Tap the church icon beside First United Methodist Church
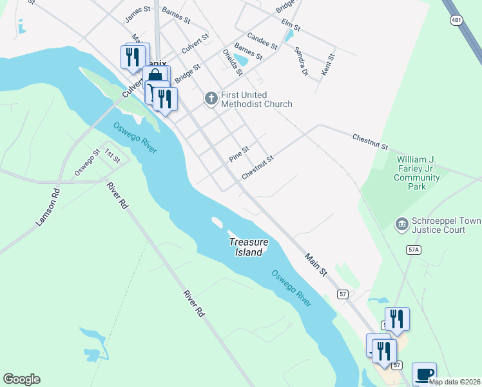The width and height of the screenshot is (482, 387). click(x=210, y=99)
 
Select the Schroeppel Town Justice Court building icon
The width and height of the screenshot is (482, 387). click(x=401, y=224)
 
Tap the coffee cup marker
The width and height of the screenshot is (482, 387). click(x=424, y=375)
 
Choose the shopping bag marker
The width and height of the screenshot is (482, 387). click(x=155, y=77)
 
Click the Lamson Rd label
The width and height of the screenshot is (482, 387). click(x=48, y=206)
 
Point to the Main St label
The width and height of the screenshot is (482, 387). click(x=316, y=266)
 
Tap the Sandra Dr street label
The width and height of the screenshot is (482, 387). click(x=300, y=61)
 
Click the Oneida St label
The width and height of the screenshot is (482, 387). click(x=232, y=62)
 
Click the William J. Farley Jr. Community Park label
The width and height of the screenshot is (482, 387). click(x=418, y=172)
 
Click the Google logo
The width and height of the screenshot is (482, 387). click(x=21, y=379)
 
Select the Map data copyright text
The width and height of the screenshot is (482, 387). click(x=454, y=382)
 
